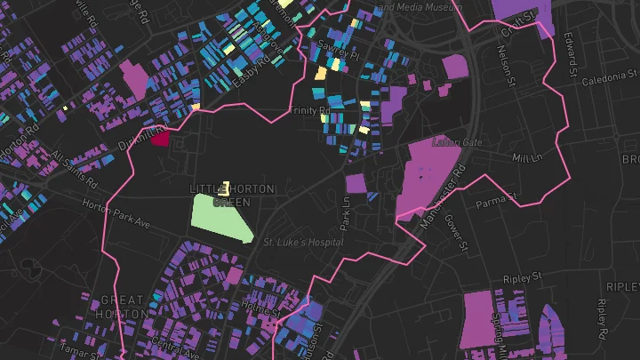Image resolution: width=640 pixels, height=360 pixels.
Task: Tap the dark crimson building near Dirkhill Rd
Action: coord(160,137)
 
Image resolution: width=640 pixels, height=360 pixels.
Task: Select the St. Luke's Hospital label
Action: coord(302,241)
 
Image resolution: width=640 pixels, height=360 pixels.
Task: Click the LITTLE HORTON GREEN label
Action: coord(232,196)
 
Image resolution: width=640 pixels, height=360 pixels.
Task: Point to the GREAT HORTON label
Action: coord(123,307)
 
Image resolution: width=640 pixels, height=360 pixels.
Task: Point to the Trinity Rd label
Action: coord(309,111)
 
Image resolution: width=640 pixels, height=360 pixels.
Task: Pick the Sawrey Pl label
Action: coord(341,54)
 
